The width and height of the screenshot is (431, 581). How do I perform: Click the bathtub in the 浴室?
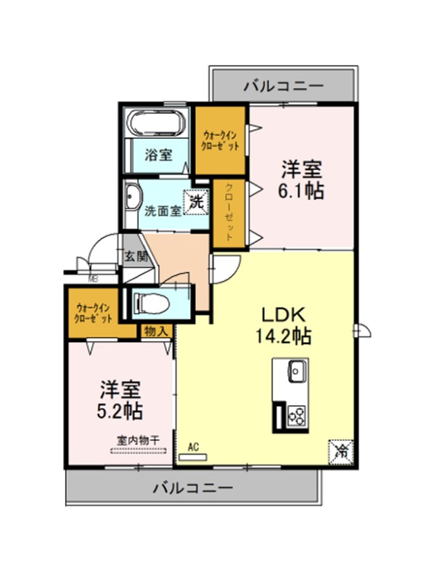pos(156,122)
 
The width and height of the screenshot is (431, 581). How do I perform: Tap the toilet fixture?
pos(151,304)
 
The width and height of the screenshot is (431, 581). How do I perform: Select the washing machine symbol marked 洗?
pos(197,203)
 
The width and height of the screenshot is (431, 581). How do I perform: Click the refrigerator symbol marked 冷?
pos(340,451)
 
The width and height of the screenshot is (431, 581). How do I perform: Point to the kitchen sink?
pos(297,372)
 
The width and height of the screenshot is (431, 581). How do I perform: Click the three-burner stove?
pos(297,415)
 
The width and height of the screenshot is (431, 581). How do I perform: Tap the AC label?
pos(193,447)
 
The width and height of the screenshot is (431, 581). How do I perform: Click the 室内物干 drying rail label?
pos(138,441)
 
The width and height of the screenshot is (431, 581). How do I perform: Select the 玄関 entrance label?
pos(136,256)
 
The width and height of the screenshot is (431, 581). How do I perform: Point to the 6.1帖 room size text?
pos(301,191)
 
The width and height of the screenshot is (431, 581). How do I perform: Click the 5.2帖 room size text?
pos(120,410)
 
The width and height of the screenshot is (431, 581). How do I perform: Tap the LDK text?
pos(284,315)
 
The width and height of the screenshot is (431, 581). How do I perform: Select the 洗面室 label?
pos(163,211)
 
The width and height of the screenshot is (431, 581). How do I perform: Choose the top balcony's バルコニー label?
pos(284,86)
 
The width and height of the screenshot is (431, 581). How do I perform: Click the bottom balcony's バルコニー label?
pos(193,487)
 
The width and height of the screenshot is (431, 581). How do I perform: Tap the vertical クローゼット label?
pos(229,212)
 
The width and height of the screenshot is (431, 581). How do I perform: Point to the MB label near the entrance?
pos(93,280)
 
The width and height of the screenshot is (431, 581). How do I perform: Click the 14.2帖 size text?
pos(283,336)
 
